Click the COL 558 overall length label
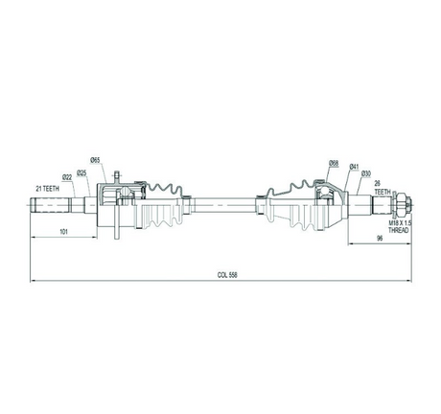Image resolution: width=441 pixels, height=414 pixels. click(227, 275)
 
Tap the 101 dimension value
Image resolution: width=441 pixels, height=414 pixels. click(64, 232)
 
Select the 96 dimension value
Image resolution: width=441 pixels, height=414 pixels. click(380, 239)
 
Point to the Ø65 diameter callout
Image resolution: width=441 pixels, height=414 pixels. click(96, 160)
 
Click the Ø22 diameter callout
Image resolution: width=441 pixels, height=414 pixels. click(67, 176)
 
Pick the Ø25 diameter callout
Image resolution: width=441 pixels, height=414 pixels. click(81, 172)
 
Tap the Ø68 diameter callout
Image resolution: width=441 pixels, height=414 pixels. click(334, 164)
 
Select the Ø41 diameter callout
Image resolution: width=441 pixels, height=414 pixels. click(354, 166)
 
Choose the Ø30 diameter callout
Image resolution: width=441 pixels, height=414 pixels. click(366, 173)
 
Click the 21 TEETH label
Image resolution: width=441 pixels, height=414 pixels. click(48, 189)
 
